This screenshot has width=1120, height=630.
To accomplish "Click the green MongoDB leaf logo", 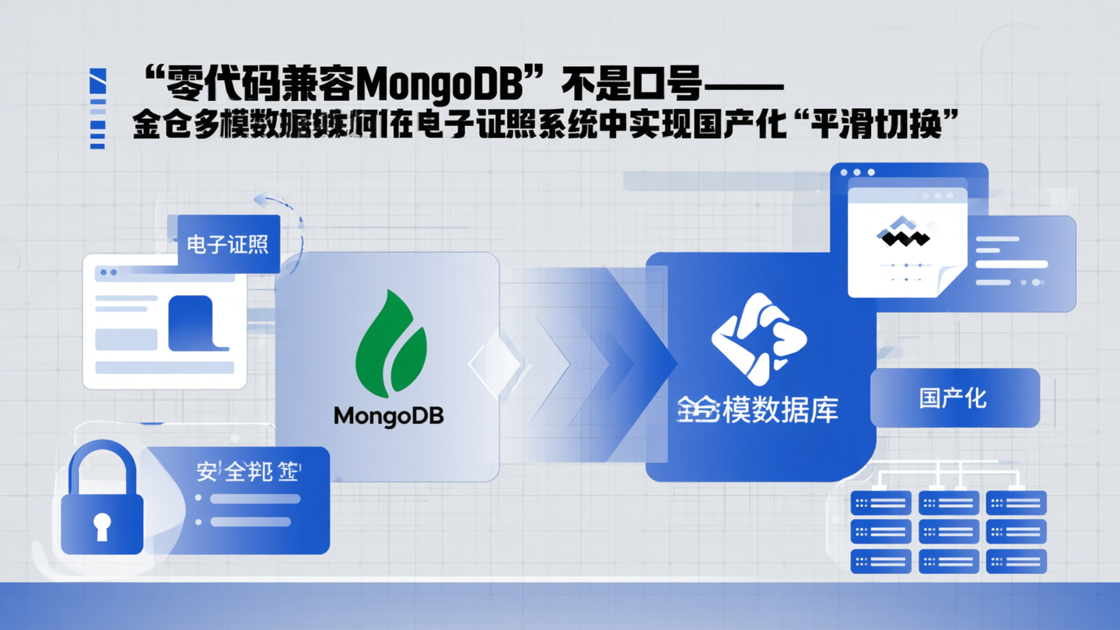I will click(391, 343).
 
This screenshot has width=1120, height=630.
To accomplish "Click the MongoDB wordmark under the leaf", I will click(388, 416).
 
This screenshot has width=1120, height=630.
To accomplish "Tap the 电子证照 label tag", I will click(228, 244).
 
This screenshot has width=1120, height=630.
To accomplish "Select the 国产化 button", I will click(954, 398).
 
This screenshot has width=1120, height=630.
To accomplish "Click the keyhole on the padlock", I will click(101, 526).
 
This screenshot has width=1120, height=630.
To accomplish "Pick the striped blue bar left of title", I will click(97, 109).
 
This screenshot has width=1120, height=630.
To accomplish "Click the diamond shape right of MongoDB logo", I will click(498, 364).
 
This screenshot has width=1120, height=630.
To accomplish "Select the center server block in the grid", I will click(949, 532).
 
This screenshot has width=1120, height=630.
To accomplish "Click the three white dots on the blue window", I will click(856, 173).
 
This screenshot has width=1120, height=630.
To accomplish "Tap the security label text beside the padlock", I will click(248, 471).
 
